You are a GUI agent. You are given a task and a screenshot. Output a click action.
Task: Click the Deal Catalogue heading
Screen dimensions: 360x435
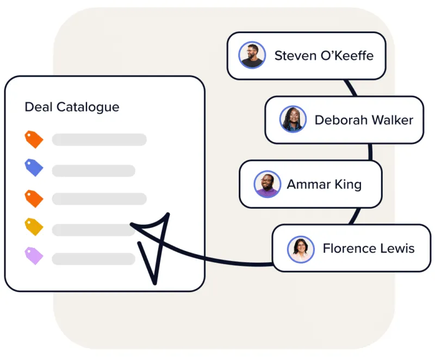point(72,107)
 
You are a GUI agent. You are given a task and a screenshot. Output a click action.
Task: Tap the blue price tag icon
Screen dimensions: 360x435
point(34,167)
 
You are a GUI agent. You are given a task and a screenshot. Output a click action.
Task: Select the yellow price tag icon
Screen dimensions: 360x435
point(34,226)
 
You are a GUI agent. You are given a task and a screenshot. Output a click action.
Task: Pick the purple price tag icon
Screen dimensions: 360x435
point(34,255)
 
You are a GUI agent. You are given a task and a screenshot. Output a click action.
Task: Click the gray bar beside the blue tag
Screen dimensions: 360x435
point(94,171)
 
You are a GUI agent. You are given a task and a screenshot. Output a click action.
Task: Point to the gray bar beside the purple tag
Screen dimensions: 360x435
point(94,259)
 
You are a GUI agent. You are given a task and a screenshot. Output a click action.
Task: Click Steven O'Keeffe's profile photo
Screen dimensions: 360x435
point(252,55)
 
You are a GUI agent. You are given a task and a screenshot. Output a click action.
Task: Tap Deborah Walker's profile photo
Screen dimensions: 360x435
point(293,120)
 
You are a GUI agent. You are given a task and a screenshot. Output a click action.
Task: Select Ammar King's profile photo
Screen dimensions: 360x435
point(267,184)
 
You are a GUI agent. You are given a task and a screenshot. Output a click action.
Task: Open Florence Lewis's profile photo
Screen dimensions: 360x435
point(301,249)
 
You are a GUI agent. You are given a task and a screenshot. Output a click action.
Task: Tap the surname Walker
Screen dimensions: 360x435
point(391,120)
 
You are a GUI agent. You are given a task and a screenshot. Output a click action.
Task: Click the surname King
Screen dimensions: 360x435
point(348,185)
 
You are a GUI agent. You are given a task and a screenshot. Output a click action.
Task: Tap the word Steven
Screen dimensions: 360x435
point(293,55)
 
